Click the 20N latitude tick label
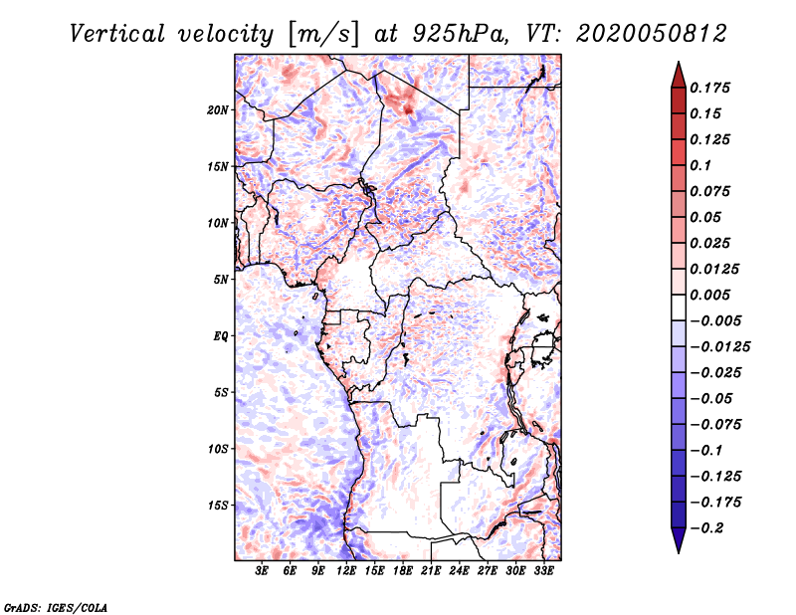click(217, 110)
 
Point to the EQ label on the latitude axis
click(221, 336)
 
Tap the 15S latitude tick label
click(218, 506)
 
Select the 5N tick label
click(221, 280)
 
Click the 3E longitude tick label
click(262, 570)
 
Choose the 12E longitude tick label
click(345, 570)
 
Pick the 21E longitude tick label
click(431, 570)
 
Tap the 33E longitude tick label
click(543, 570)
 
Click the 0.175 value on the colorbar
click(709, 88)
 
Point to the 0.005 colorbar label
click(709, 295)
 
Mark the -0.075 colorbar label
click(715, 424)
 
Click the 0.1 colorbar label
click(700, 165)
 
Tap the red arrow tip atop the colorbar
click(679, 62)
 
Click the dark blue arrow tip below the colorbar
click(679, 552)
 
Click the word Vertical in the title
click(116, 34)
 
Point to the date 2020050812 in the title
click(652, 34)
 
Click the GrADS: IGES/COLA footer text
click(56, 607)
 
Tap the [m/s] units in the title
click(323, 35)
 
